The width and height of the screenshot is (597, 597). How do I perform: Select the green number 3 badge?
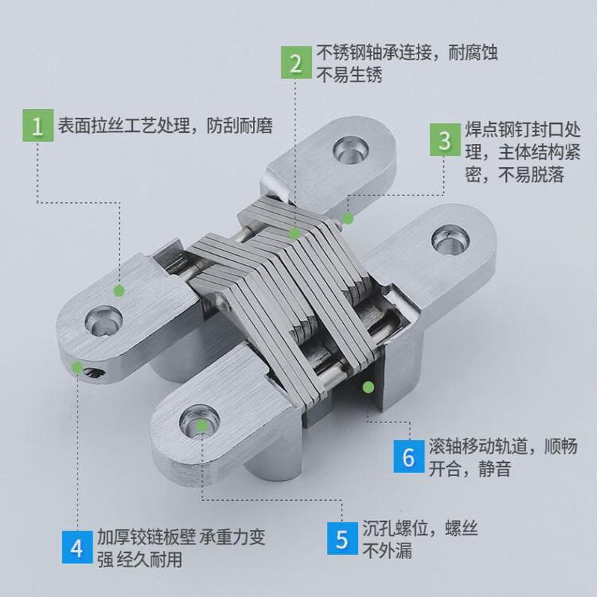[445, 140]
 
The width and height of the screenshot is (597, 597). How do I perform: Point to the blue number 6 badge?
[408, 457]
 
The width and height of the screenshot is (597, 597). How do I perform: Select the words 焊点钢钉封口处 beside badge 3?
[520, 128]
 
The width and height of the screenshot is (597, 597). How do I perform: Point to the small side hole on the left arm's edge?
[90, 370]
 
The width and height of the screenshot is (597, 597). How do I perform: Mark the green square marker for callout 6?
[367, 386]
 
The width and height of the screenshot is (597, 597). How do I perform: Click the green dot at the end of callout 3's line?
[347, 219]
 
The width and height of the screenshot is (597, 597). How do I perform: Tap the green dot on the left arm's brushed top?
[117, 289]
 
